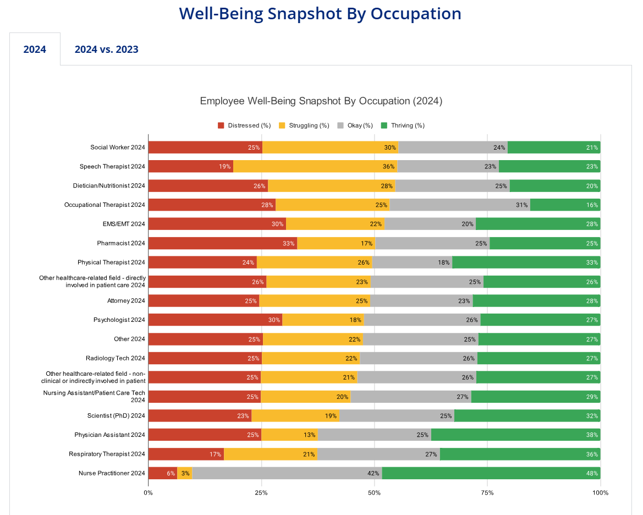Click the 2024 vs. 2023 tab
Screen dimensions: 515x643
point(106,50)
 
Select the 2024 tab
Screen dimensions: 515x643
point(35,50)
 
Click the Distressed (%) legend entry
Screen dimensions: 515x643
point(244,125)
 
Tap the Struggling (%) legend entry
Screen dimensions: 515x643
point(304,125)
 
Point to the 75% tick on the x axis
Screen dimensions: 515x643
point(487,492)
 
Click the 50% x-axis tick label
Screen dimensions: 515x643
point(374,492)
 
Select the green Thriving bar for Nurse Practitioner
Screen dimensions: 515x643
point(491,473)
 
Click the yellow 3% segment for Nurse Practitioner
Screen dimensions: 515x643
point(185,473)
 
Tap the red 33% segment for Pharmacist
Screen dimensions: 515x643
point(223,243)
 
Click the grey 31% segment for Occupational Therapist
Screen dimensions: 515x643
point(460,205)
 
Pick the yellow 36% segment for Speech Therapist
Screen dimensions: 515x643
point(315,166)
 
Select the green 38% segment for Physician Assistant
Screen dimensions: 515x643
point(515,435)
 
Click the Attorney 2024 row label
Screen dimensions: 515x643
point(126,301)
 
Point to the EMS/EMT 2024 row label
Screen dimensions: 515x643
point(123,224)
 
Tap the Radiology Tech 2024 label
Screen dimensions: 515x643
point(115,358)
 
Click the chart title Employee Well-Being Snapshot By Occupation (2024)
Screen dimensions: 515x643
point(321,101)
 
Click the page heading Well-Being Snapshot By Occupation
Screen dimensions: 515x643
point(320,14)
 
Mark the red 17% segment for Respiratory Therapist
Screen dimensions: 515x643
point(186,454)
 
